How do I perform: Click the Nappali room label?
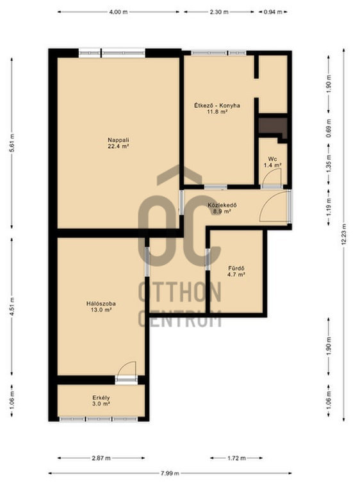(119, 140)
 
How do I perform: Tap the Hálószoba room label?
(101, 304)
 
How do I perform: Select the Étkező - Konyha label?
(217, 106)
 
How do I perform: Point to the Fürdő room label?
(236, 268)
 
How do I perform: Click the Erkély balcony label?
(101, 398)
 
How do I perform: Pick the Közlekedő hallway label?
(222, 205)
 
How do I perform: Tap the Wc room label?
(272, 159)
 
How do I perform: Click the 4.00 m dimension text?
(119, 12)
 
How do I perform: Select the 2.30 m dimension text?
(219, 12)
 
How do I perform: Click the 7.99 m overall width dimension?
(170, 473)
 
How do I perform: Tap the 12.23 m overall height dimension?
(344, 234)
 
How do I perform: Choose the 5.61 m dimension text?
(12, 143)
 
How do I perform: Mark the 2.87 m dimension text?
(101, 458)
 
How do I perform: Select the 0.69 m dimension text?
(329, 128)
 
